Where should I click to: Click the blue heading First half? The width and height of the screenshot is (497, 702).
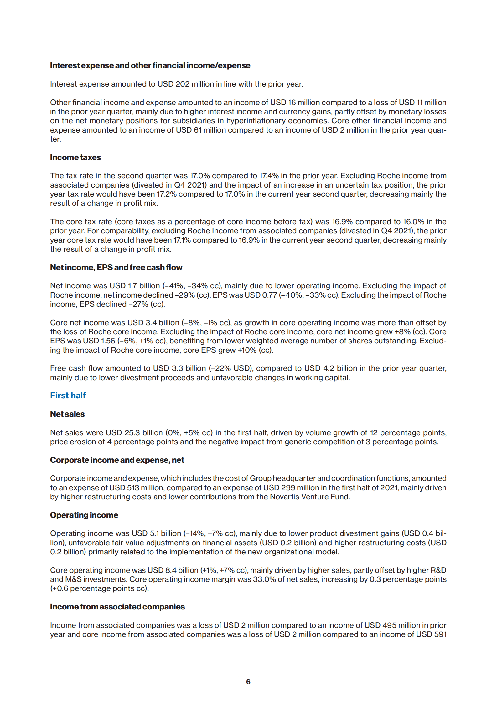coord(68,396)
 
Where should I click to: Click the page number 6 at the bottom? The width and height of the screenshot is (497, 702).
coord(248,682)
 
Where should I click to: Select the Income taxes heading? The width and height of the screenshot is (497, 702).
coord(75,157)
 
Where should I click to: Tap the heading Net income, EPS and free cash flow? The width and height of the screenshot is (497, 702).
coord(116,267)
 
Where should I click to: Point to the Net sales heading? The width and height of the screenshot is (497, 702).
coord(67,414)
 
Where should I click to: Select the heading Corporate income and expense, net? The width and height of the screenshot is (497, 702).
coord(117,460)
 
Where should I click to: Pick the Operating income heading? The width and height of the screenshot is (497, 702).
coord(84,515)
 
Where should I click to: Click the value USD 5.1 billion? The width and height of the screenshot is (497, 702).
coord(156,533)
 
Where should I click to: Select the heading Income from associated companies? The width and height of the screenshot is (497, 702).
coord(117,607)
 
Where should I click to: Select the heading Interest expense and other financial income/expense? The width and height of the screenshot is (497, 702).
coord(150,66)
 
